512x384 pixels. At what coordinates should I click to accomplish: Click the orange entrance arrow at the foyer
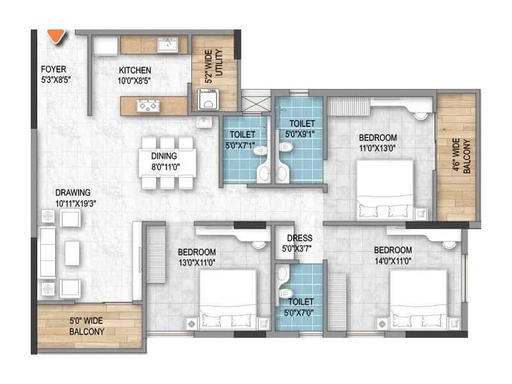tap(56, 36)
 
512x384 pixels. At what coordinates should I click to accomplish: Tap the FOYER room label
tap(53, 70)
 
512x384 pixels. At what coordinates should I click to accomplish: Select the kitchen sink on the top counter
tap(169, 44)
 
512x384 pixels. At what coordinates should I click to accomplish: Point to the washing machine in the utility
tap(208, 100)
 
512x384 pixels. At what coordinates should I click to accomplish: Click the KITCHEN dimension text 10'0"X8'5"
tap(134, 81)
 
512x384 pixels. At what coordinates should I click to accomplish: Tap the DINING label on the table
tap(164, 156)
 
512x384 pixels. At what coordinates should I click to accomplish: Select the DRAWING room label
tap(72, 193)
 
